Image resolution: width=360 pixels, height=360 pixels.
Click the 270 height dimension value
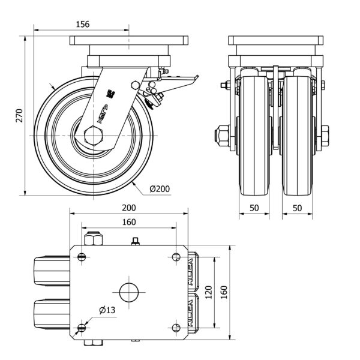click(x=19, y=115)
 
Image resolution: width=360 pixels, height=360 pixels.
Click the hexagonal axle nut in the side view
click(x=95, y=137)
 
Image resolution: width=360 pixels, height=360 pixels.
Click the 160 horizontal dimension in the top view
click(x=129, y=222)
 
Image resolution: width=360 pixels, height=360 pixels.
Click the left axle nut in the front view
click(x=223, y=136)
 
